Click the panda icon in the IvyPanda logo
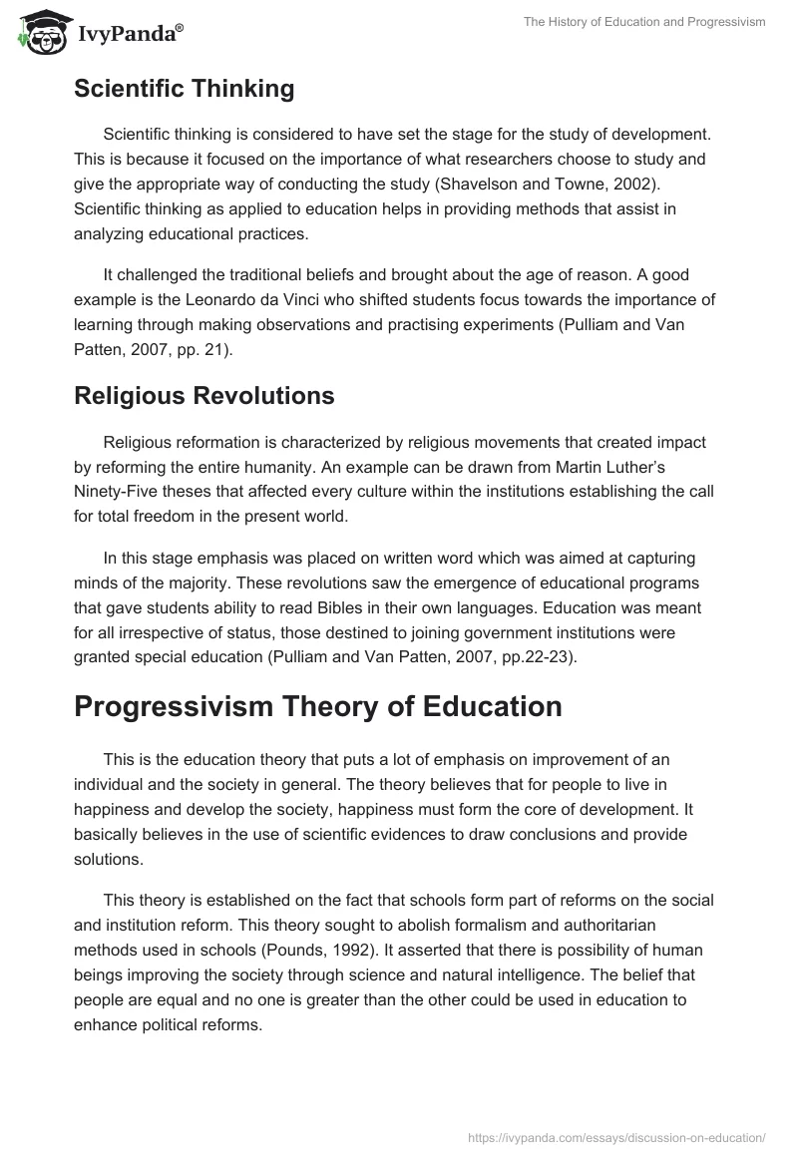pos(38,33)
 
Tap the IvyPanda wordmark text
pos(130,35)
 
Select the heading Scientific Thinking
pos(184,89)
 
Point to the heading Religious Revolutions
pos(203,396)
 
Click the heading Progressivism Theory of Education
pos(317,706)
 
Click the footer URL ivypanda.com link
pos(615,1137)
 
